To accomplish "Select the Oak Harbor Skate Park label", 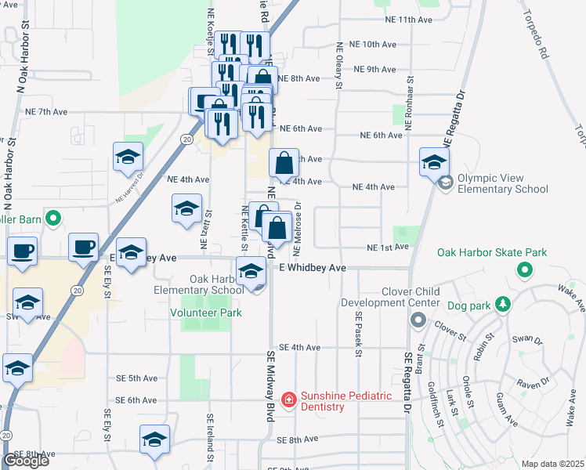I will tap(492, 252).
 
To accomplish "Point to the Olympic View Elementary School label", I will tap(502, 183).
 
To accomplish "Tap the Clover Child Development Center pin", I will tap(418, 320).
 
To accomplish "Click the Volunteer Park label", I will tap(206, 313).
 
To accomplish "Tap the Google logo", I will tap(25, 460).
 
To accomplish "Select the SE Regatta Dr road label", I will tap(408, 381).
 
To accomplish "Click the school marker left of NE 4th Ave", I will tap(186, 209).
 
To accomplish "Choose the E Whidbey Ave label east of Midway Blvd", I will tap(313, 268).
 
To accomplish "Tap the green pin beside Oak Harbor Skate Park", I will tap(523, 270).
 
